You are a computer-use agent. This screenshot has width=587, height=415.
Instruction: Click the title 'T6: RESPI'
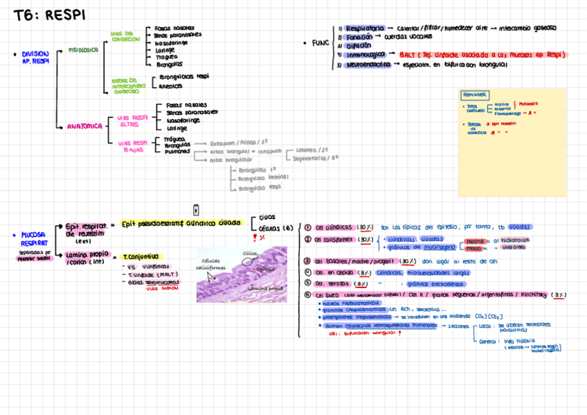[50, 15]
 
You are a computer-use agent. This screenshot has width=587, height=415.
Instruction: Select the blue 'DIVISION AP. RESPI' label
[35, 58]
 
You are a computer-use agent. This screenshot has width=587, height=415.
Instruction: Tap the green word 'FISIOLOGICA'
[84, 50]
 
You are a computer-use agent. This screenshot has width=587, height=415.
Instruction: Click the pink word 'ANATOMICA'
[84, 126]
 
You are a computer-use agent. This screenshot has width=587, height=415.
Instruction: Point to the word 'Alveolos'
[171, 87]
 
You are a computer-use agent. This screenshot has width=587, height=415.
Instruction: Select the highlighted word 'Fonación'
[359, 37]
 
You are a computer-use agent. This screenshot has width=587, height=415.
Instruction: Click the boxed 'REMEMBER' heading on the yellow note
[475, 95]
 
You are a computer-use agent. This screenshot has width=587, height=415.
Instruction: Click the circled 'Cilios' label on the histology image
[250, 254]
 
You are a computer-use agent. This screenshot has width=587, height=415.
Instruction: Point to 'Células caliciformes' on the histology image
[210, 264]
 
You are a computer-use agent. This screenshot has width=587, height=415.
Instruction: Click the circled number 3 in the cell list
[307, 261]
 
